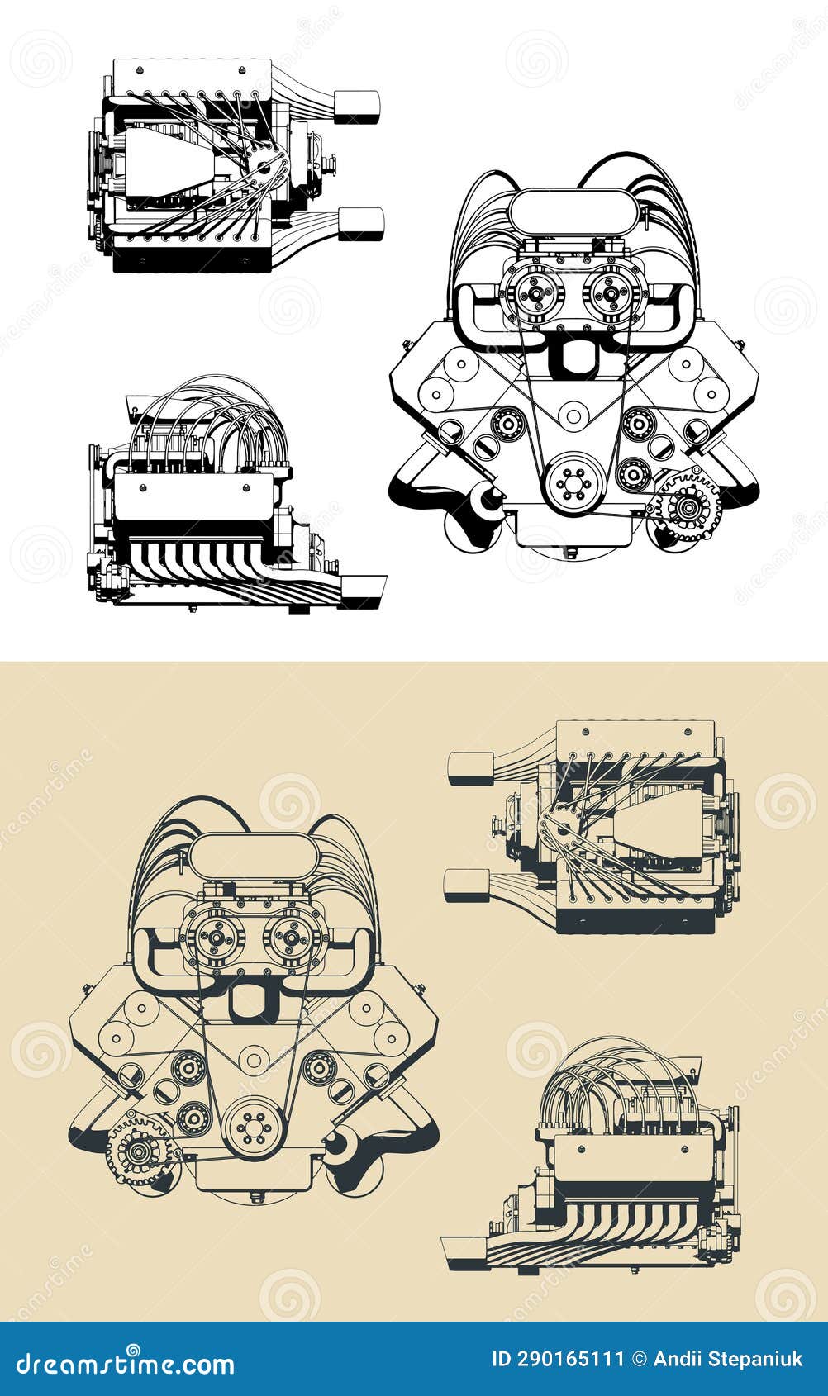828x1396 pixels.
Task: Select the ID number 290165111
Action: [x=559, y=1360]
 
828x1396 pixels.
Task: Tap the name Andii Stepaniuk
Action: [x=727, y=1360]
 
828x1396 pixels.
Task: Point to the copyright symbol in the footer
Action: [x=638, y=1360]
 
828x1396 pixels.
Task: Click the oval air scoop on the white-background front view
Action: [x=574, y=212]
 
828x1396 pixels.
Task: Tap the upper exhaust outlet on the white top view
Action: [x=357, y=107]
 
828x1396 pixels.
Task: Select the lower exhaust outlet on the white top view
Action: [x=361, y=224]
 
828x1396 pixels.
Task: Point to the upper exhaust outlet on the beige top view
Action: [x=468, y=767]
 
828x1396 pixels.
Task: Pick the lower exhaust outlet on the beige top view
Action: [x=464, y=885]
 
